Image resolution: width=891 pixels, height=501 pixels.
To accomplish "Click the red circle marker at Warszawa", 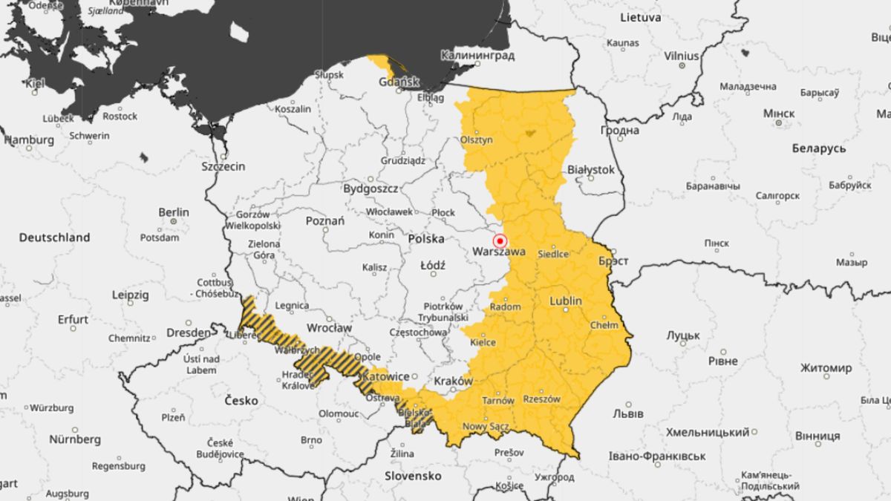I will pos(500,241).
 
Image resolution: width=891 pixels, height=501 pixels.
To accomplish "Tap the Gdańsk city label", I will pos(399,82).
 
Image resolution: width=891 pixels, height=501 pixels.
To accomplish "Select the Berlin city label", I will pos(173,212).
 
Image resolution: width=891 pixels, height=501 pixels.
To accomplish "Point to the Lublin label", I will pos(566,301).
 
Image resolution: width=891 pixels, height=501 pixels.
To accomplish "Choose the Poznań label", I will pos(324,221).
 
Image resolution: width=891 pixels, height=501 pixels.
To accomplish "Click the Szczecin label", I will pos(223,166).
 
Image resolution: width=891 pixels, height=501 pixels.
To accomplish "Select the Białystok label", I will pos(591,170).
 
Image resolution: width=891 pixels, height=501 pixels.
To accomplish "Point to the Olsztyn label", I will pos(477,140).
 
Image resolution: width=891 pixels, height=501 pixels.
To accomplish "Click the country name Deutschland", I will pos(54,238).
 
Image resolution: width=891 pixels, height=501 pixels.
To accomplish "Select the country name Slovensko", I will pos(413,475).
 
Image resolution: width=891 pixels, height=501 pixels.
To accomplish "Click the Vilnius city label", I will pos(681,56).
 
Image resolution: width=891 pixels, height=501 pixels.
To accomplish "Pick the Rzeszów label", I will pos(541,399).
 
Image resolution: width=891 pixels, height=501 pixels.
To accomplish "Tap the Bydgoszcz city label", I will pos(371,189).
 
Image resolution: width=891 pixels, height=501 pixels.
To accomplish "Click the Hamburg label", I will pos(29,140).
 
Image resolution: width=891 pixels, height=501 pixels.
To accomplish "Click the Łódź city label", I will pos(432,265).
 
